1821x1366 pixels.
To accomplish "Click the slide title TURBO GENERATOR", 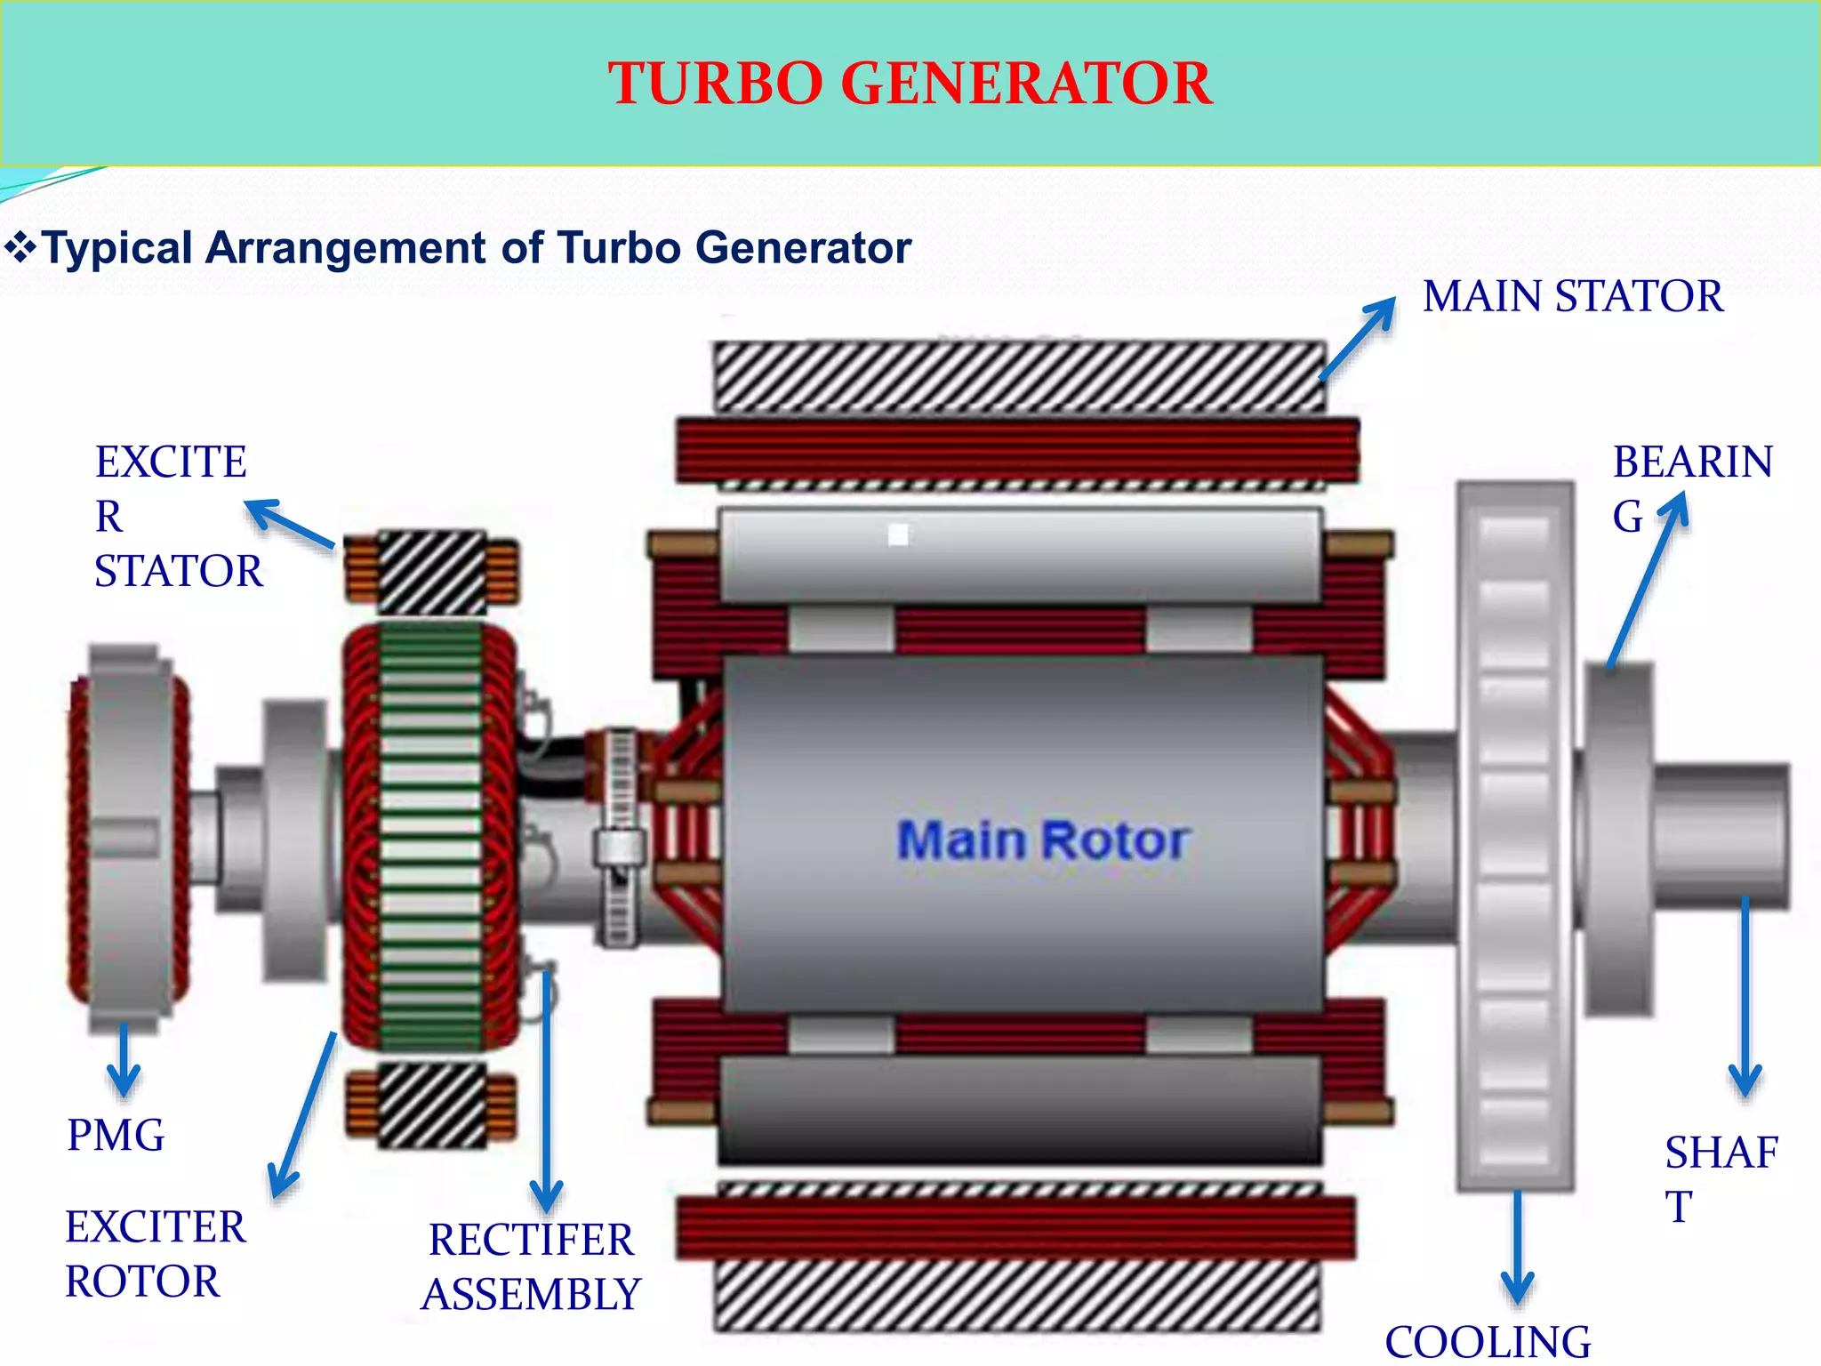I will (910, 84).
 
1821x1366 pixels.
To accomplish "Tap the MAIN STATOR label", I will (1572, 296).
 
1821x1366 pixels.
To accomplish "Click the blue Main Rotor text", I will (1043, 840).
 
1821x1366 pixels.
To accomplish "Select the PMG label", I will (116, 1136).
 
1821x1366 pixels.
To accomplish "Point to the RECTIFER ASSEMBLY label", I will (532, 1266).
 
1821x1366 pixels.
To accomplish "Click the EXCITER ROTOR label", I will (155, 1254).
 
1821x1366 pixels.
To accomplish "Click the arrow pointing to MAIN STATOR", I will (1358, 339).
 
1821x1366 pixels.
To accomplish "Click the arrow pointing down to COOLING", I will (1517, 1245).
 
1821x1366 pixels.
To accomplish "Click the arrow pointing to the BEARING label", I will (1648, 578).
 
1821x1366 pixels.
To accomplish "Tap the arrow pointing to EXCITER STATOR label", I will (289, 523).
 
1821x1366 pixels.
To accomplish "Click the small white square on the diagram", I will (898, 534).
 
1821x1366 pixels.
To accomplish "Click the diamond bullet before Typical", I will (20, 247).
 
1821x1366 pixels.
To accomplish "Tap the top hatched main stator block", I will (1019, 376).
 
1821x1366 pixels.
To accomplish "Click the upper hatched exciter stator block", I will (432, 572).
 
